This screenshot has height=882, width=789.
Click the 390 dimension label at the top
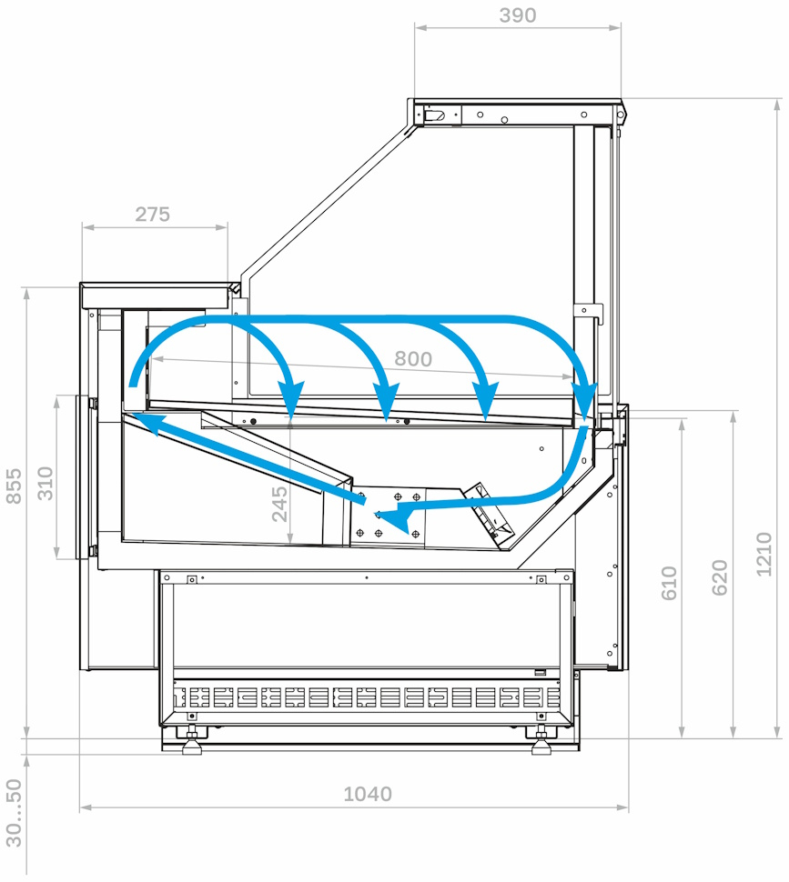517,15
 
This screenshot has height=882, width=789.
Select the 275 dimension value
152,215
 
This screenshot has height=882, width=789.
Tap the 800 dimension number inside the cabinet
413,358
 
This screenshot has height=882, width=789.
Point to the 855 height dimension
14,486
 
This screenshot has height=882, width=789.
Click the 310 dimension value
45,483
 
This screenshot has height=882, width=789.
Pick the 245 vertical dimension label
279,504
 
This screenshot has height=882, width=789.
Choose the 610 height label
669,583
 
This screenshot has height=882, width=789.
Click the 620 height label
720,577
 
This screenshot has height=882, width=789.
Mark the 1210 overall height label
764,554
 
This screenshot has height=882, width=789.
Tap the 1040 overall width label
368,794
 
